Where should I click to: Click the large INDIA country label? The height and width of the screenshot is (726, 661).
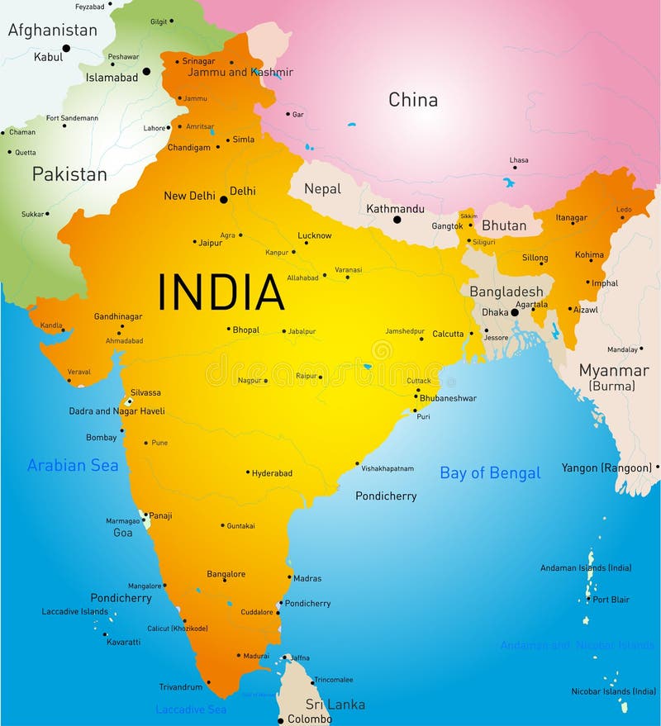coord(221,292)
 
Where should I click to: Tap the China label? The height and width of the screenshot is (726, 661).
coord(413,100)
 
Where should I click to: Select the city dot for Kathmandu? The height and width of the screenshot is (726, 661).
coord(397,220)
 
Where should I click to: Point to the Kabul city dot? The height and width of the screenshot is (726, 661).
coord(66,48)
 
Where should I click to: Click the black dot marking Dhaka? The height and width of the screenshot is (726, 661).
coord(514,312)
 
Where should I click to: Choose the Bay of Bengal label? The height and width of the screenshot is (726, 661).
coord(490,473)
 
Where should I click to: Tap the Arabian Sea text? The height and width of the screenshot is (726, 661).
coord(73,466)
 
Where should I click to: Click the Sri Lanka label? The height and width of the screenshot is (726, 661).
coord(335,705)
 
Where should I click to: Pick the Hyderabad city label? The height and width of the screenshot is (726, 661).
coord(272,473)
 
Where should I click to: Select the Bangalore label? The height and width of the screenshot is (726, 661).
coord(226,574)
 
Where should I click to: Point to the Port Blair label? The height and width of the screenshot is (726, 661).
coord(611,600)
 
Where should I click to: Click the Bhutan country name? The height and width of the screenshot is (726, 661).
coord(504,225)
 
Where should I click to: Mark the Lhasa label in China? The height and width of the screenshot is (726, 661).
coord(519,160)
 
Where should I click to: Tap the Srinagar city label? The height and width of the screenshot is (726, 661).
coord(198,61)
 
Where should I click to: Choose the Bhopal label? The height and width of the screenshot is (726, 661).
coord(245,330)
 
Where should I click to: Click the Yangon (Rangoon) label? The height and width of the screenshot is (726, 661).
coord(606,468)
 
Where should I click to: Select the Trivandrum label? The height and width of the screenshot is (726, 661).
coord(181,686)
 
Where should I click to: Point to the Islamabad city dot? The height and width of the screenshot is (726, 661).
coord(146,71)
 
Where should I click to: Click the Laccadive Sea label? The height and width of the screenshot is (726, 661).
coord(191,709)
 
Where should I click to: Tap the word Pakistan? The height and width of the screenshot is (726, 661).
coord(69,174)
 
